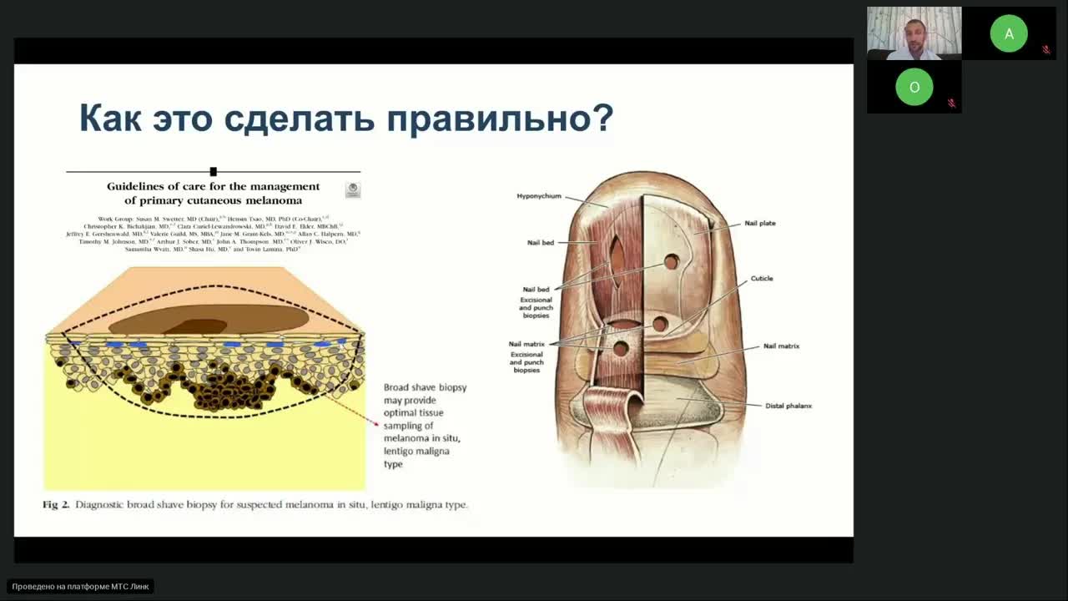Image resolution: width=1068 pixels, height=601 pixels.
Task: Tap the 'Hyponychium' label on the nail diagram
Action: (539, 196)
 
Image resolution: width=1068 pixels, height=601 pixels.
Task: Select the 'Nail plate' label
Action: (759, 224)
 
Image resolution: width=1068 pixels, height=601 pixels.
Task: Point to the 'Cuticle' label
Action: (762, 279)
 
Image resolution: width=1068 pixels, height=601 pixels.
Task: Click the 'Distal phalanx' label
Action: (788, 406)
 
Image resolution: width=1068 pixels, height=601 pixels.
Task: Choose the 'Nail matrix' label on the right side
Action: (781, 346)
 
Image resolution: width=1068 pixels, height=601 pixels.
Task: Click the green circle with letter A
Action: (1009, 33)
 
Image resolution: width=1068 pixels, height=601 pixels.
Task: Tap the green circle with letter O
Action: (914, 87)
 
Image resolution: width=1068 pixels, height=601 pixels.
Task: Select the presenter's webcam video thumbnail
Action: (914, 33)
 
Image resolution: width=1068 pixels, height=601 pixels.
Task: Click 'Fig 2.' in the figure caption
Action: (56, 505)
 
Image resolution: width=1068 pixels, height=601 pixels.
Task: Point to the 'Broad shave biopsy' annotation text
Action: (425, 387)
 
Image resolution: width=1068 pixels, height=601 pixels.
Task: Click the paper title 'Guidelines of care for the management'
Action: (214, 187)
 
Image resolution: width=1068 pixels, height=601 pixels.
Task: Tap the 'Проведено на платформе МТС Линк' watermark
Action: (81, 587)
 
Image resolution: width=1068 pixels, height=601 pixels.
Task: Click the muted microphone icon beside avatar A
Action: (1046, 50)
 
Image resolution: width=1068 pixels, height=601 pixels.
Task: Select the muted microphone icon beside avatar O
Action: (951, 104)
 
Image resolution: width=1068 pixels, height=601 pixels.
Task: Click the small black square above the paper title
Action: (214, 172)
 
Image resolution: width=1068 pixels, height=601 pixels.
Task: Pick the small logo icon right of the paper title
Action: (353, 190)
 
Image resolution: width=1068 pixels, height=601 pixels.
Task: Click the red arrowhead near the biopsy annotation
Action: (376, 424)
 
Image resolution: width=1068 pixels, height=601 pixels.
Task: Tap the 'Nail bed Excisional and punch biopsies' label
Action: (536, 303)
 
